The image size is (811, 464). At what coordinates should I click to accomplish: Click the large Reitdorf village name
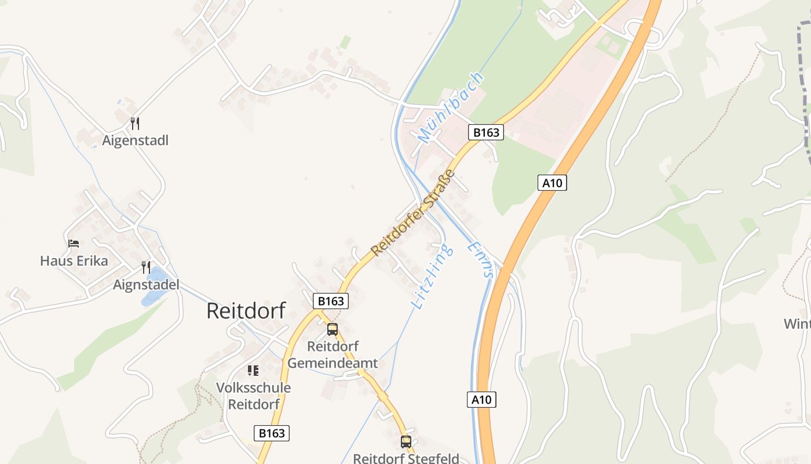(246, 311)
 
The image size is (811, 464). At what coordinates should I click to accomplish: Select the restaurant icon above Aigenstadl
(135, 123)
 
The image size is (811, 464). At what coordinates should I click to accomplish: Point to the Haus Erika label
(74, 261)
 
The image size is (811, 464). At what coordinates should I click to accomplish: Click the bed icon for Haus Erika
(74, 244)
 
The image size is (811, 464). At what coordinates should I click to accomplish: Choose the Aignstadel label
(146, 285)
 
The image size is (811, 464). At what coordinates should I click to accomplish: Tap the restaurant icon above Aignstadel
(146, 267)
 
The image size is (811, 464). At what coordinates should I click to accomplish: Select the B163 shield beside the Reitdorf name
(331, 301)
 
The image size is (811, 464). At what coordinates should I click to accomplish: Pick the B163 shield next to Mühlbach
(485, 132)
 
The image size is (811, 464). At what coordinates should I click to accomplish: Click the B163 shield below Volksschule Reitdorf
(271, 433)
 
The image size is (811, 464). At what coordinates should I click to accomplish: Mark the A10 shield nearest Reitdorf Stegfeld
(481, 400)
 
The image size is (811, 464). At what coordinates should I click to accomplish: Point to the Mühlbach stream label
(450, 108)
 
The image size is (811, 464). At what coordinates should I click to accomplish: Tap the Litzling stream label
(432, 276)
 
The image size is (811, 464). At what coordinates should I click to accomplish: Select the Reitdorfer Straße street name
(413, 213)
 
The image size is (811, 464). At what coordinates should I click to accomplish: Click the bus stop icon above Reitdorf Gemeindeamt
(333, 329)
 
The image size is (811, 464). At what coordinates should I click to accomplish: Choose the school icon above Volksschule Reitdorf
(253, 370)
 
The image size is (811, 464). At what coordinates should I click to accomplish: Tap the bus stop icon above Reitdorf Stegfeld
(406, 441)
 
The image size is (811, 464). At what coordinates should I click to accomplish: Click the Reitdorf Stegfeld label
(406, 458)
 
